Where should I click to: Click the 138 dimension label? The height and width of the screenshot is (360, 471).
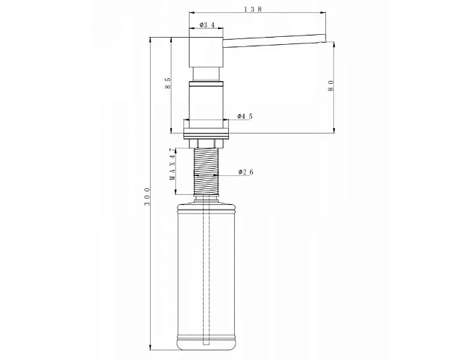pyautogui.click(x=253, y=9)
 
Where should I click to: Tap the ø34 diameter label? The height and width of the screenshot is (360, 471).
pyautogui.click(x=207, y=25)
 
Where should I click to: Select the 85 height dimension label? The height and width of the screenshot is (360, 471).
pyautogui.click(x=168, y=83)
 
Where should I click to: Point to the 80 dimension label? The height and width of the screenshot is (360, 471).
pyautogui.click(x=331, y=85)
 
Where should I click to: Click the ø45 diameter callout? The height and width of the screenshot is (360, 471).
pyautogui.click(x=245, y=116)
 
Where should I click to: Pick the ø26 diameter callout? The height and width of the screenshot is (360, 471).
pyautogui.click(x=246, y=172)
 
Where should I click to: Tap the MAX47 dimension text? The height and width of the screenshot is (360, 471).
pyautogui.click(x=172, y=164)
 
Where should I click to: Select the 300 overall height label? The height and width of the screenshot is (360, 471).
pyautogui.click(x=147, y=197)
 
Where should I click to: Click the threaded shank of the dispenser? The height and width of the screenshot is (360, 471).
pyautogui.click(x=207, y=171)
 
